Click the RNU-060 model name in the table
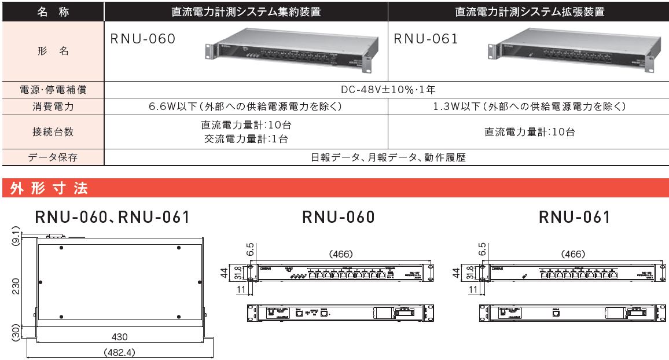[142, 39]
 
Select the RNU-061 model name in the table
[425, 39]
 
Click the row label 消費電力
[53, 106]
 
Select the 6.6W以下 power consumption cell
[246, 106]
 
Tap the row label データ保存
[53, 157]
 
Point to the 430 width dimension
[120, 337]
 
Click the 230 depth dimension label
[16, 286]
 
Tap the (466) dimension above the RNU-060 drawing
[340, 254]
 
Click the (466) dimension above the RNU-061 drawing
[572, 254]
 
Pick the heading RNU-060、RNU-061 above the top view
[112, 217]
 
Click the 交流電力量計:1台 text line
[246, 139]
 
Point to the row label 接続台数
[53, 132]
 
